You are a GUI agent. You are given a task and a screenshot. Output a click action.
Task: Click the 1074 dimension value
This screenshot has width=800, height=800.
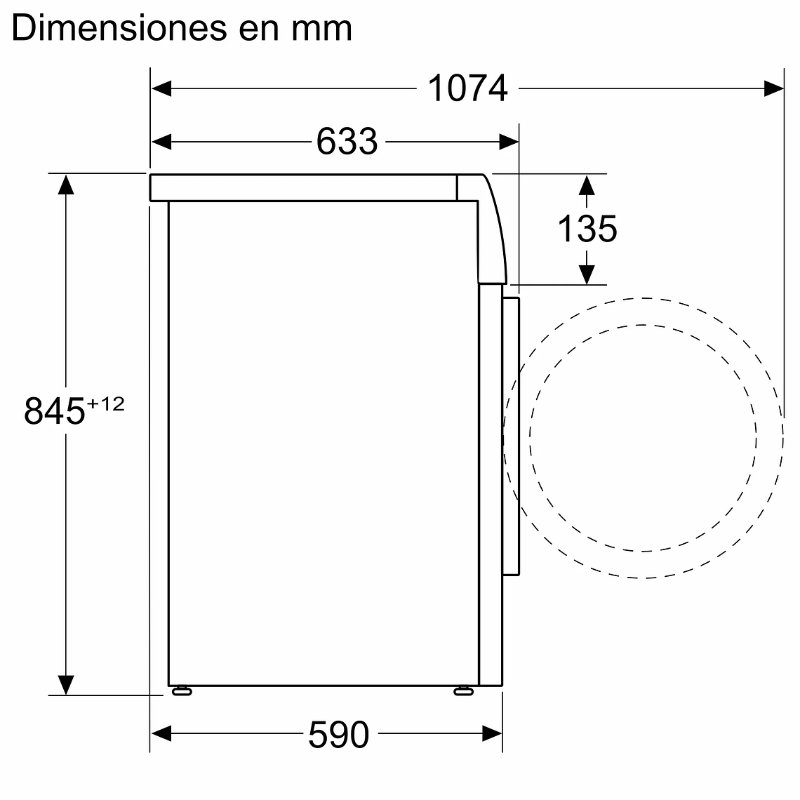[x=467, y=89]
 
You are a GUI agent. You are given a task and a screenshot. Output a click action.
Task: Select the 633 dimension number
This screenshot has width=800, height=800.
[x=346, y=142]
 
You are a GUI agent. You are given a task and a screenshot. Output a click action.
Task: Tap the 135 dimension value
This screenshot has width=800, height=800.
[x=587, y=229]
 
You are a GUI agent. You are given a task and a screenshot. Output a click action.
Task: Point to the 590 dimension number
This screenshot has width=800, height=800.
[x=338, y=735]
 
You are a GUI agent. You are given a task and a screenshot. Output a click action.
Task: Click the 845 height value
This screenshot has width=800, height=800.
[x=54, y=412]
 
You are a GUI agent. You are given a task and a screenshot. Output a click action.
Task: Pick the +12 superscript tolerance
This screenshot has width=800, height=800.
[x=105, y=404]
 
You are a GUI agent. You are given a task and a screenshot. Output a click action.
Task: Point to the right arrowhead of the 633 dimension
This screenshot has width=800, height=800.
[x=509, y=142]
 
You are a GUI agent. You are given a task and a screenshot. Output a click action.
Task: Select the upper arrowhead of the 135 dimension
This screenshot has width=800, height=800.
[x=587, y=185]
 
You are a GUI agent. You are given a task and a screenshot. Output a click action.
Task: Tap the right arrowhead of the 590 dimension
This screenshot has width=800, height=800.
[x=493, y=735]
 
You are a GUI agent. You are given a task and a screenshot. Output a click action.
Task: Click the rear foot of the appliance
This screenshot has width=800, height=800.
[x=182, y=691]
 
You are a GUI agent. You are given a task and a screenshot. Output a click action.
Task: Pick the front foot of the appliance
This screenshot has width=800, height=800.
[x=463, y=691]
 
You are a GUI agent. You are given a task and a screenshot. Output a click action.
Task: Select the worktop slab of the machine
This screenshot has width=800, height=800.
[x=302, y=188]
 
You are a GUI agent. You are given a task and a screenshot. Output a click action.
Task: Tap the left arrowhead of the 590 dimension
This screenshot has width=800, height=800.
[x=161, y=735]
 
